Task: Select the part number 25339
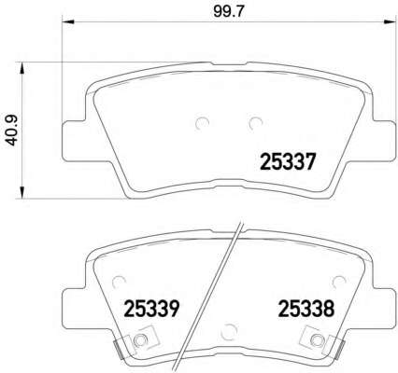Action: coord(150,306)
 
